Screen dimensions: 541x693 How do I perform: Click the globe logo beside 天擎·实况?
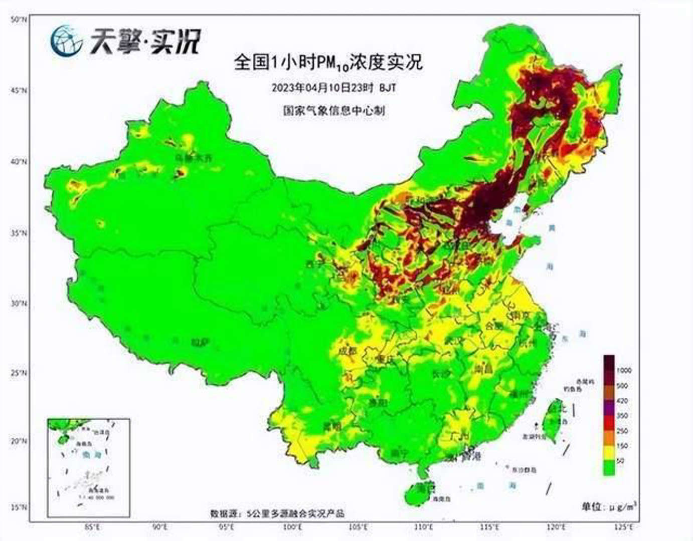[66, 41]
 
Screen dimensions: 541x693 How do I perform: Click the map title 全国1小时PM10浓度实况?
[328, 62]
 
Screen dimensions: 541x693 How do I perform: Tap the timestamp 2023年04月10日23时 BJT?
[333, 88]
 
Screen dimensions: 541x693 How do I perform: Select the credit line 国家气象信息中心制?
[333, 110]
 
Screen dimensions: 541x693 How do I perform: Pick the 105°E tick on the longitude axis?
[357, 527]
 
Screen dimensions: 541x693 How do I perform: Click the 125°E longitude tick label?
[624, 527]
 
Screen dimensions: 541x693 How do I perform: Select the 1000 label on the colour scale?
[624, 371]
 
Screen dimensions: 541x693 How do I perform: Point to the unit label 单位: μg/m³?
[609, 506]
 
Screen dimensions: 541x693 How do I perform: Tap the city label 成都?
[347, 351]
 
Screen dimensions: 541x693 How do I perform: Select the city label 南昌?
[483, 370]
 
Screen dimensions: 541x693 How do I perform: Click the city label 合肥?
[494, 326]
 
